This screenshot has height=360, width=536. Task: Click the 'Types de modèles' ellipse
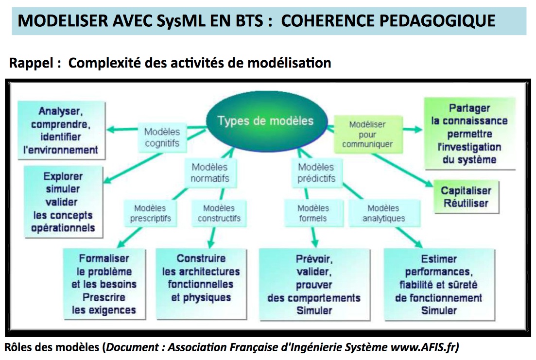point(265,121)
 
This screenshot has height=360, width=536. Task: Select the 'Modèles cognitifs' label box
point(162,137)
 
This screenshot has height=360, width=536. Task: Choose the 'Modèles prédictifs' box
point(316,173)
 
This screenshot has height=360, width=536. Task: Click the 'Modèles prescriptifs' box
point(150,213)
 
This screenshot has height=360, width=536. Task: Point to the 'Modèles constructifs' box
point(219,213)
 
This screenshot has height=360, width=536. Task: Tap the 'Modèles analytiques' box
point(383,213)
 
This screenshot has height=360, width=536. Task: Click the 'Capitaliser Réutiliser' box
point(466,197)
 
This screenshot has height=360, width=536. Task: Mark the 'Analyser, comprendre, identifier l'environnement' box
point(61,130)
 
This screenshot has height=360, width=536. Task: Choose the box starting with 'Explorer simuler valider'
point(63,202)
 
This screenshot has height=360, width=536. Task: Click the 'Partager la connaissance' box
point(469,134)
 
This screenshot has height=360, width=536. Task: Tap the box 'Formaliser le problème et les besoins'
point(104,284)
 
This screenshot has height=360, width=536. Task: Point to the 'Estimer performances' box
point(439,285)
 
